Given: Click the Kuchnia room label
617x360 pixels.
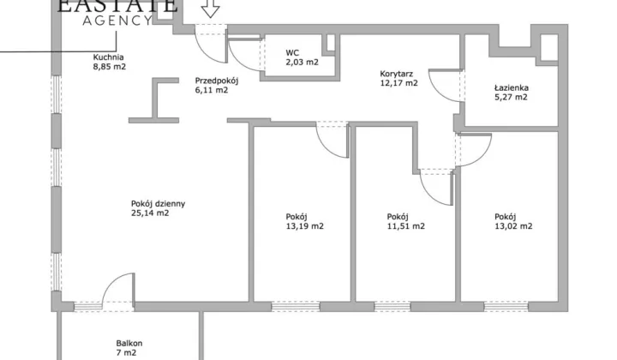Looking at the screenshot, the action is click(x=108, y=57).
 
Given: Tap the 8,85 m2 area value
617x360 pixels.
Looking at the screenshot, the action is click(x=110, y=67).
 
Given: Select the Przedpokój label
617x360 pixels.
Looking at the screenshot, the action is click(x=217, y=81).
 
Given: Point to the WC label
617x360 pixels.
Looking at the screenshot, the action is click(x=292, y=53).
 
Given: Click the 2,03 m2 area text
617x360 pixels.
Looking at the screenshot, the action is click(x=303, y=63).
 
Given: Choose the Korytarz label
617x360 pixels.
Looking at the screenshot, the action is click(x=396, y=74).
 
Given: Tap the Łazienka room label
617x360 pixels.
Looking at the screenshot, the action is click(x=512, y=87).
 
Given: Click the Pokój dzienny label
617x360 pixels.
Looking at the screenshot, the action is click(x=159, y=204).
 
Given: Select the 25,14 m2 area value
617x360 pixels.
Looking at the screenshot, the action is click(x=150, y=213).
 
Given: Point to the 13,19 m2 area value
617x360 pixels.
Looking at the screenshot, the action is click(x=305, y=226).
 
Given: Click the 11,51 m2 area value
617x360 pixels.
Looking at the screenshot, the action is click(x=406, y=226).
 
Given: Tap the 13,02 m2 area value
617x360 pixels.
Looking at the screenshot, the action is click(x=513, y=226).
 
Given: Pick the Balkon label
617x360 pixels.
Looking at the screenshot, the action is click(x=129, y=344).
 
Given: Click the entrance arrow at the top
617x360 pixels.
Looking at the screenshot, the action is click(x=211, y=9).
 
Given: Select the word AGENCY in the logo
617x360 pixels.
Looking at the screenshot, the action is click(x=117, y=21).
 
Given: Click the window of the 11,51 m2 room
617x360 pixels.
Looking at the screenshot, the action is click(x=392, y=307).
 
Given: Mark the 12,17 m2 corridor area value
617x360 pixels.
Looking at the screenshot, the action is click(x=399, y=83).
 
